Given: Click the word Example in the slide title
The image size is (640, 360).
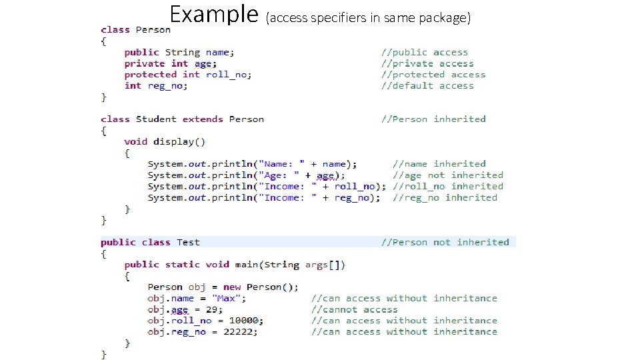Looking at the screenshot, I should (x=213, y=14).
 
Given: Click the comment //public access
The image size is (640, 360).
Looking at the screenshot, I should (x=425, y=52).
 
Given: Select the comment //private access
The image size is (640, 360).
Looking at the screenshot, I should (x=427, y=63).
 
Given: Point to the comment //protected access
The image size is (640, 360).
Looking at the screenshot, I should (x=433, y=75).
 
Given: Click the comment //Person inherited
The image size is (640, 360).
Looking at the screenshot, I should (x=433, y=119).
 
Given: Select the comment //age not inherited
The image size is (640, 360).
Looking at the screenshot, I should (x=448, y=175).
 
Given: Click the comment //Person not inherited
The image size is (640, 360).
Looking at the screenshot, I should (x=445, y=242).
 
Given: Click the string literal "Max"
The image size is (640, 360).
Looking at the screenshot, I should (x=229, y=298).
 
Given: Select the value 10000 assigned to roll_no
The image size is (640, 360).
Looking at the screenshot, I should (x=241, y=321).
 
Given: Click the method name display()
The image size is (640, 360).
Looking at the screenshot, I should (x=179, y=141).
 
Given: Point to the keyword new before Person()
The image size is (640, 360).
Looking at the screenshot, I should (x=232, y=287).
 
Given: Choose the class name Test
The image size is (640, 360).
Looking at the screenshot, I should (x=188, y=242).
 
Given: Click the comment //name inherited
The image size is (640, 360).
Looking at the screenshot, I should (x=439, y=164).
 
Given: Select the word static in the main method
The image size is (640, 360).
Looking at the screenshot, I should (x=182, y=265).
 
